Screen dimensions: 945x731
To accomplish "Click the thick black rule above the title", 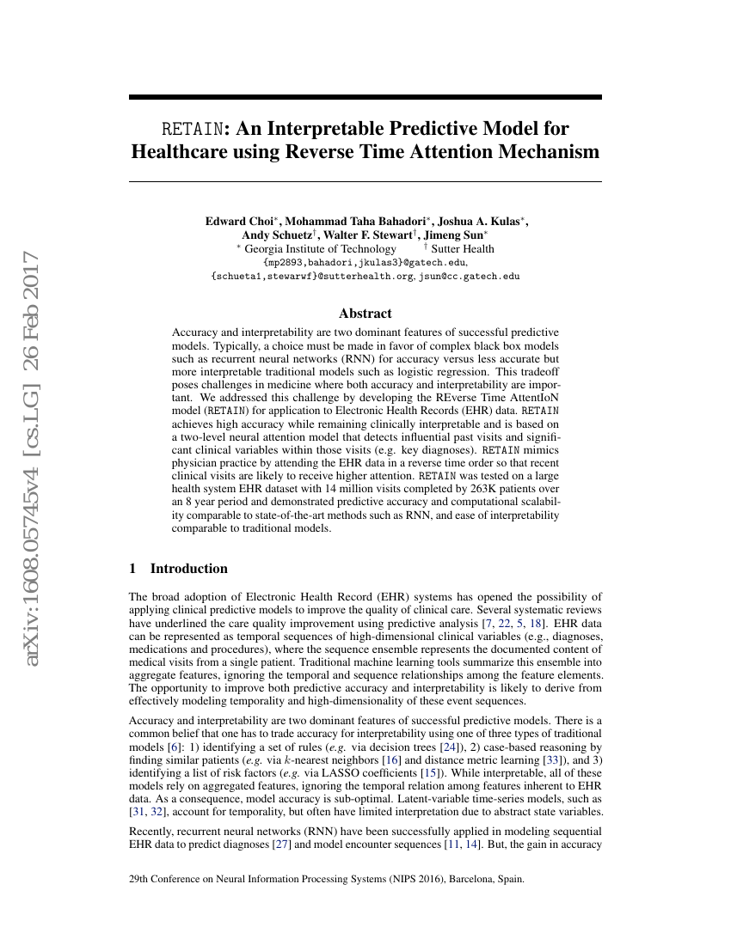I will [x=365, y=98].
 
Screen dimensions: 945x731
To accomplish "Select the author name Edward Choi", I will [x=237, y=221].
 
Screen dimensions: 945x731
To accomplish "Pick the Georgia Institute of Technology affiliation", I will [x=320, y=249].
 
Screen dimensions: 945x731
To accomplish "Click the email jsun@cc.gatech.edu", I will [x=470, y=277].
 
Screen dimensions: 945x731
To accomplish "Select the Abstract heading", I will [x=365, y=314].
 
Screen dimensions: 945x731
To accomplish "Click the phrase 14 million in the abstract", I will [x=375, y=487].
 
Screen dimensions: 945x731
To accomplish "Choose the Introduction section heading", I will [x=188, y=569].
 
